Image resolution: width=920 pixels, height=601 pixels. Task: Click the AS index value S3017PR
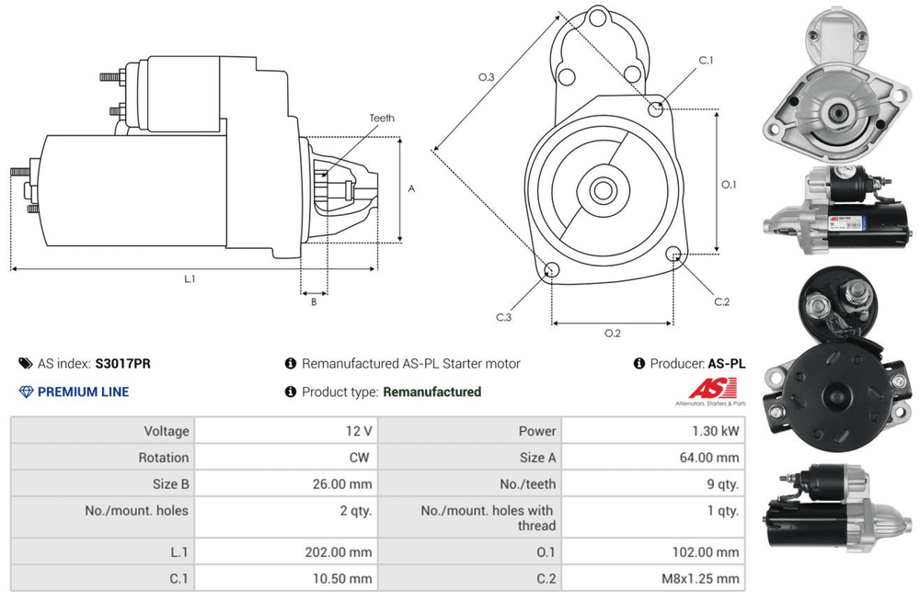click(x=122, y=363)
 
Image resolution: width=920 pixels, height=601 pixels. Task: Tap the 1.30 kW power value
click(x=715, y=431)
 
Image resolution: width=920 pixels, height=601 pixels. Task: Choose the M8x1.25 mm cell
click(x=704, y=579)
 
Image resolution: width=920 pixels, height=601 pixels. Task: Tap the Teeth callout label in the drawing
click(x=382, y=119)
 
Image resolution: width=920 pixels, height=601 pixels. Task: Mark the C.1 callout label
click(x=706, y=61)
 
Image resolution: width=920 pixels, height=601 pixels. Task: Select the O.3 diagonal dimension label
click(x=487, y=77)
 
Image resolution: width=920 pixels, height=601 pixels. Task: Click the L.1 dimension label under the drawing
click(x=190, y=278)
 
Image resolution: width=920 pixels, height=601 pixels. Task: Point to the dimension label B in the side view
click(x=314, y=301)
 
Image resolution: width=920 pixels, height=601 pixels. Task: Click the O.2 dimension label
click(x=612, y=333)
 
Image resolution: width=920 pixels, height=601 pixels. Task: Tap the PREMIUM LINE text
click(x=83, y=391)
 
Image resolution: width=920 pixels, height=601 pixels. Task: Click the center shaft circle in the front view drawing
click(x=603, y=190)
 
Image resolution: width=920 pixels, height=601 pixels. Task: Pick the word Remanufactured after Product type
click(x=431, y=391)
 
